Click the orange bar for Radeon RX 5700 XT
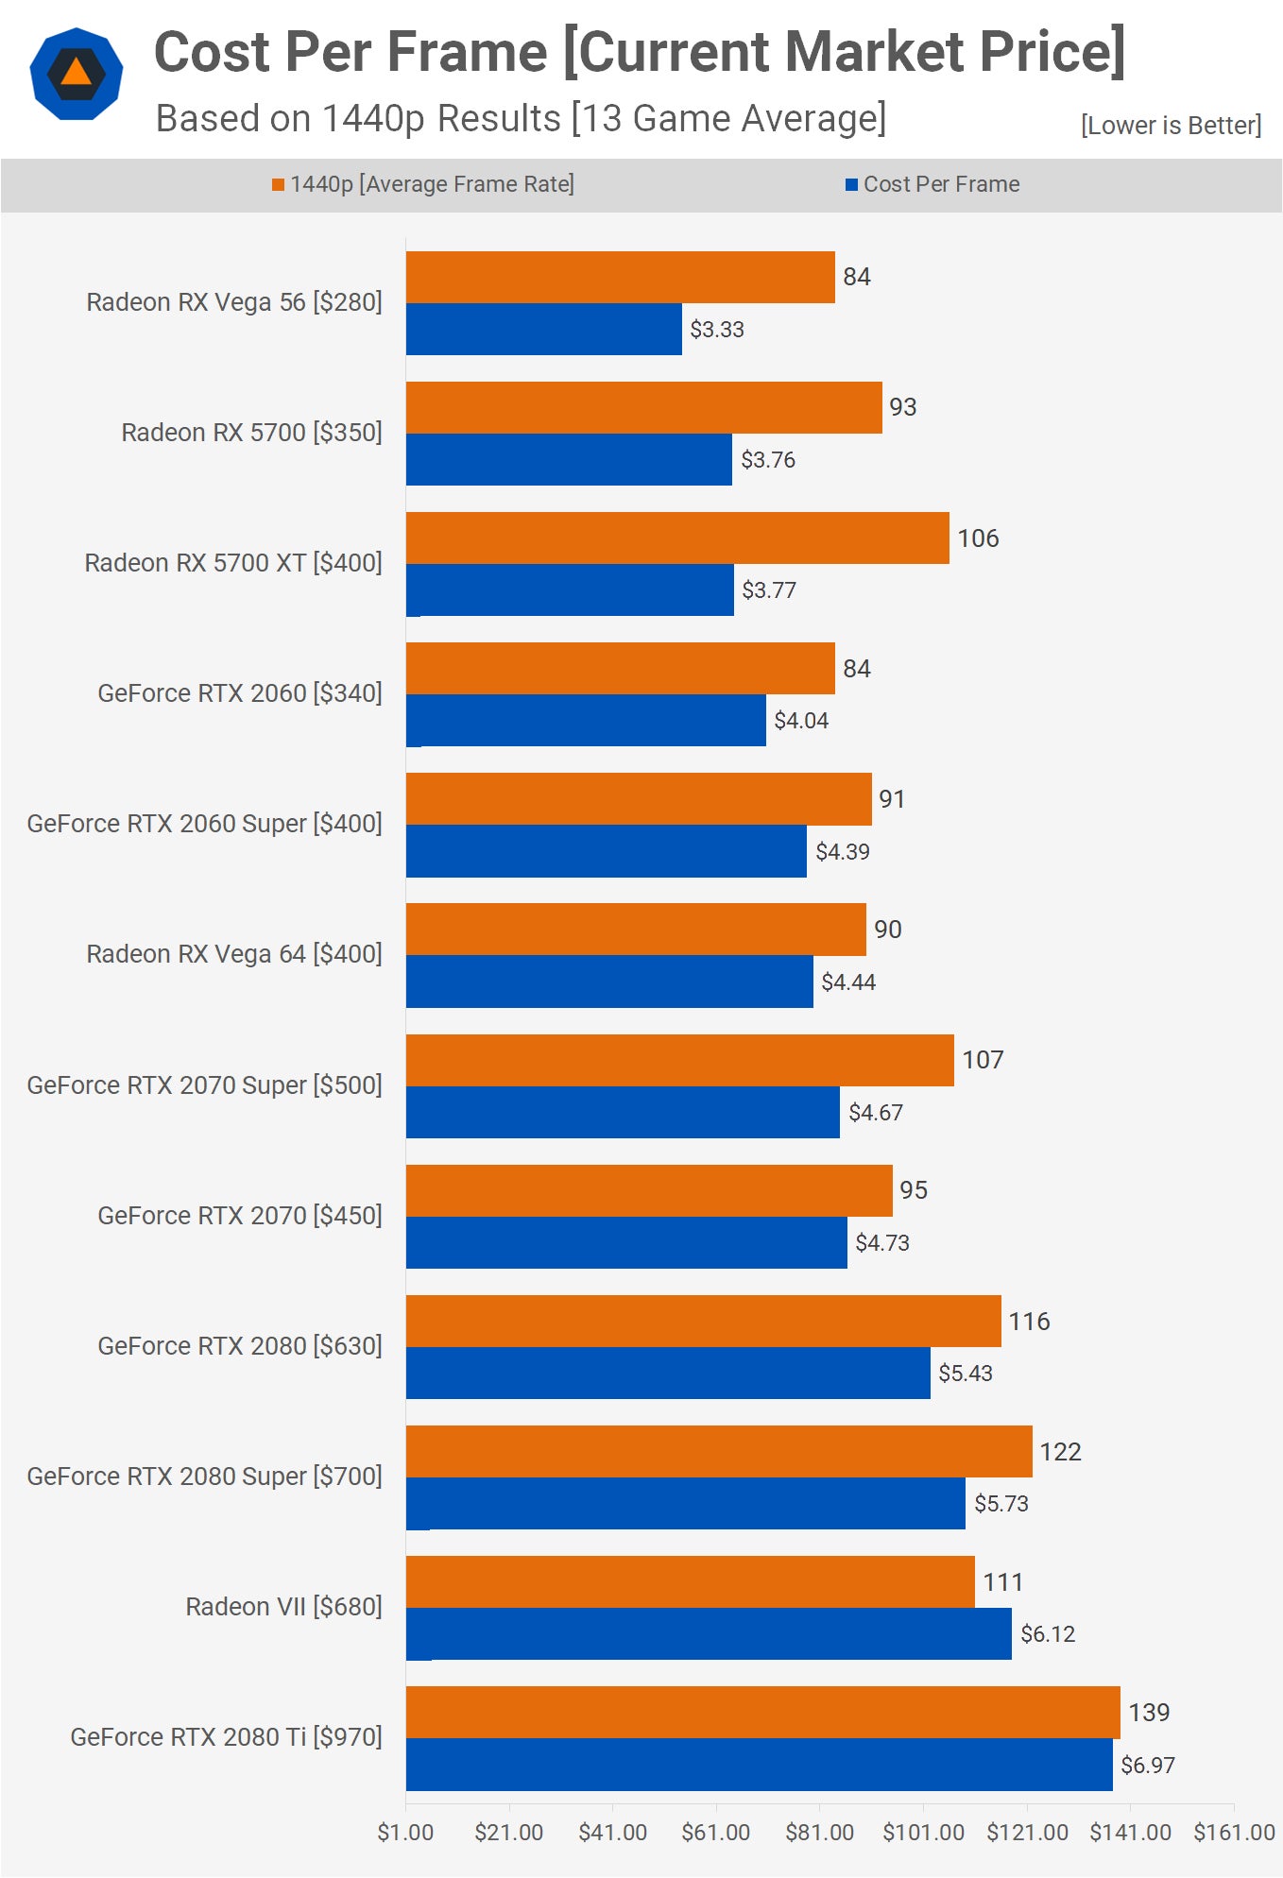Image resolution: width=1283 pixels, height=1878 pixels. point(677,538)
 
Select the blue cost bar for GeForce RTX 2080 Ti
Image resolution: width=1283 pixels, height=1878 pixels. point(759,1764)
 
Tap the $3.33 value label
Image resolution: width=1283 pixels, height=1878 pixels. point(717,330)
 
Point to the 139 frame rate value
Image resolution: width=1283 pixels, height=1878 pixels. point(1149,1712)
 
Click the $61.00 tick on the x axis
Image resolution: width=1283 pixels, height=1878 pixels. point(716,1832)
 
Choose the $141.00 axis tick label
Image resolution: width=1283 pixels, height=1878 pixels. point(1130,1832)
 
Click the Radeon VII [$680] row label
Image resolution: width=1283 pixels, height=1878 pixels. point(283,1606)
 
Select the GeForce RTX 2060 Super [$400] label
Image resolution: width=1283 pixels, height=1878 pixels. point(204,823)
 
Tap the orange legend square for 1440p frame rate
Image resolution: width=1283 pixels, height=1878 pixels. point(278,184)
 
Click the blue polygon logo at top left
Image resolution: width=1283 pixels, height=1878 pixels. point(77,74)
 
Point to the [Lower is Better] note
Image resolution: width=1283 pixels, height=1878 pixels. point(1171,125)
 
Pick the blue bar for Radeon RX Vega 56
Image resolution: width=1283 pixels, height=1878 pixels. point(544,330)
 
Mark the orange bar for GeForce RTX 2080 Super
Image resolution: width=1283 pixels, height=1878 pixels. point(719,1451)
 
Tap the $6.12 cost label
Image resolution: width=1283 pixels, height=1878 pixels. point(1048,1633)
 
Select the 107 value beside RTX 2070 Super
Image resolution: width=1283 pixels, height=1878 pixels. point(983,1060)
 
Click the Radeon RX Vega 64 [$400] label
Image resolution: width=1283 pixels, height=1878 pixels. point(234,953)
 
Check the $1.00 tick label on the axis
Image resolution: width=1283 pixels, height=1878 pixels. point(405,1832)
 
